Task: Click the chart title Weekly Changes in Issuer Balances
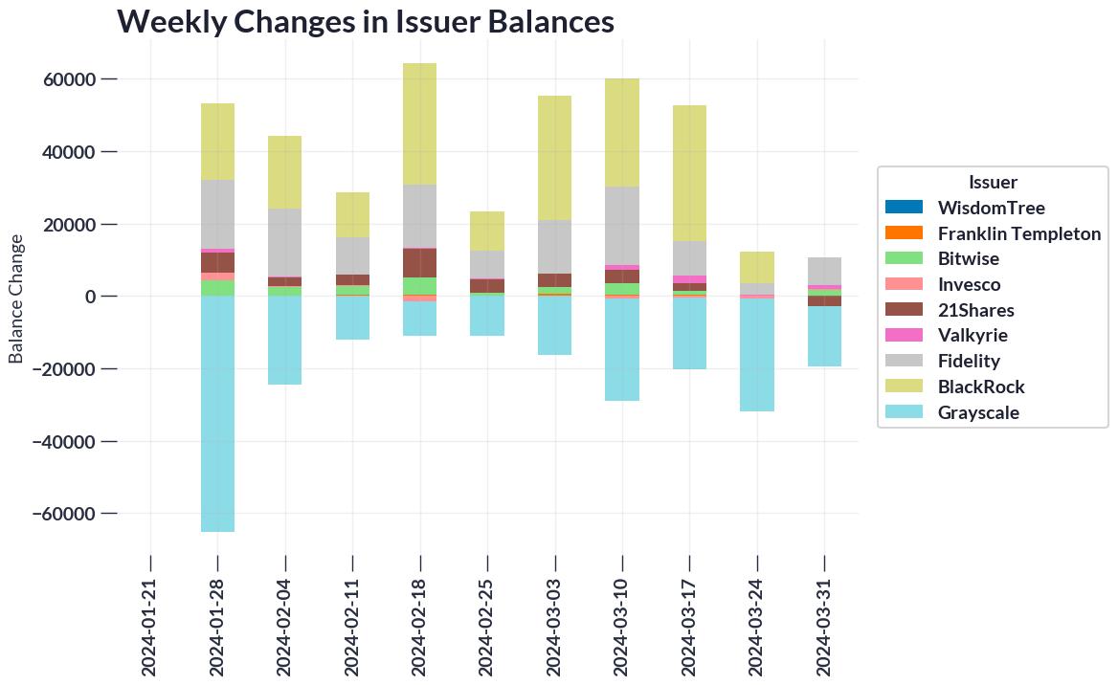(365, 21)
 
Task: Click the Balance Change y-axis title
(16, 298)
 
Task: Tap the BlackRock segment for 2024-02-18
(419, 123)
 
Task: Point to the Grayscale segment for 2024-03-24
(757, 355)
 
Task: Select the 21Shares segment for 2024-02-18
(419, 263)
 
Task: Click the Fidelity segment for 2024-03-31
(824, 271)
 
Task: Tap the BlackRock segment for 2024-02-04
(285, 172)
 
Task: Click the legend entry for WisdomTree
(991, 208)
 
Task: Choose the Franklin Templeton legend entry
(1018, 233)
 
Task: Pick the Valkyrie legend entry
(973, 336)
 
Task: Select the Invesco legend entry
(969, 284)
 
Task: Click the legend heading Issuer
(993, 182)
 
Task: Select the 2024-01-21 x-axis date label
(151, 613)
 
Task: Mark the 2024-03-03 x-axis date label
(555, 613)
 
